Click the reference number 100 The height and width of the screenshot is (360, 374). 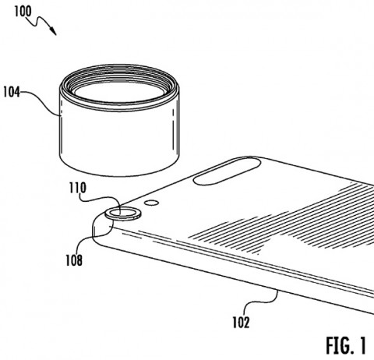click(x=23, y=12)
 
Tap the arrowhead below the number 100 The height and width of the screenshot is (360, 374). click(x=53, y=31)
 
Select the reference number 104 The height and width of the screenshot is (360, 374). click(x=12, y=93)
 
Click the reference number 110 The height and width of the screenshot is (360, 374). click(x=77, y=188)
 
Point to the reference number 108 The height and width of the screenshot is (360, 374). click(x=74, y=260)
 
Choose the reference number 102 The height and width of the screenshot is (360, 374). click(x=241, y=323)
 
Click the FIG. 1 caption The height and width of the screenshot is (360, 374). click(x=346, y=345)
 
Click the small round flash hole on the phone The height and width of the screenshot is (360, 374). click(x=152, y=203)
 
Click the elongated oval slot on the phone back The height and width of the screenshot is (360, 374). click(x=228, y=171)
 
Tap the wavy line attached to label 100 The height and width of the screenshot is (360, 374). click(x=40, y=22)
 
